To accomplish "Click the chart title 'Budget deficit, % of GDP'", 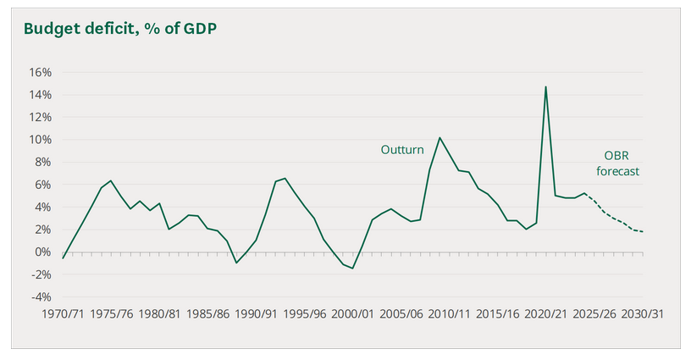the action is [120, 29].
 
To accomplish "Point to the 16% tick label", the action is [40, 72].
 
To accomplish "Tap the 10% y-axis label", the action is [40, 140].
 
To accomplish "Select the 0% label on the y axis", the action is [43, 252].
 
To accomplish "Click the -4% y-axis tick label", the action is [41, 297].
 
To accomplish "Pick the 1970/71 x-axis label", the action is [63, 313].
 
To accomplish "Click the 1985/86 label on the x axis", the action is [207, 313].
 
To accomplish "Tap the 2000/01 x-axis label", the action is [352, 313].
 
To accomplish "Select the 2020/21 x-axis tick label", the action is [545, 313].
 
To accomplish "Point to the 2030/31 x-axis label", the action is [642, 313].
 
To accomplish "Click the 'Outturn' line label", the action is [402, 150].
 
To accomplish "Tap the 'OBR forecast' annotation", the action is [617, 163].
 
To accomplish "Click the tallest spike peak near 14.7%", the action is [545, 86].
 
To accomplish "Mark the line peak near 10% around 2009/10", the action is [439, 137].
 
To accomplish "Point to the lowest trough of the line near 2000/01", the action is [352, 269].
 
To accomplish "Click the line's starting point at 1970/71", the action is [63, 258].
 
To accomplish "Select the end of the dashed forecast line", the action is [643, 232].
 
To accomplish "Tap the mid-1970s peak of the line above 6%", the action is [111, 180].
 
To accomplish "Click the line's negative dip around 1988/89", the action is [236, 263].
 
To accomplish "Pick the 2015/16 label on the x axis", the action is [498, 313].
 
